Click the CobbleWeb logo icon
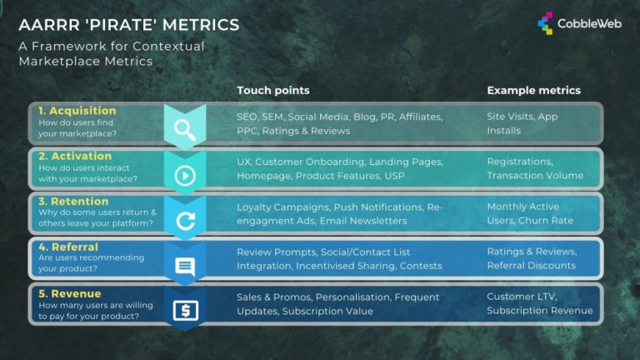click(546, 22)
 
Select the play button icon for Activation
click(184, 175)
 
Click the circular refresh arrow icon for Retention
click(184, 222)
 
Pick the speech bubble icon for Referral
click(184, 267)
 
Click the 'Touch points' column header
click(272, 90)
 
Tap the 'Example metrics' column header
click(533, 90)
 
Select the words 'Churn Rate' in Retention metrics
click(545, 221)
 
